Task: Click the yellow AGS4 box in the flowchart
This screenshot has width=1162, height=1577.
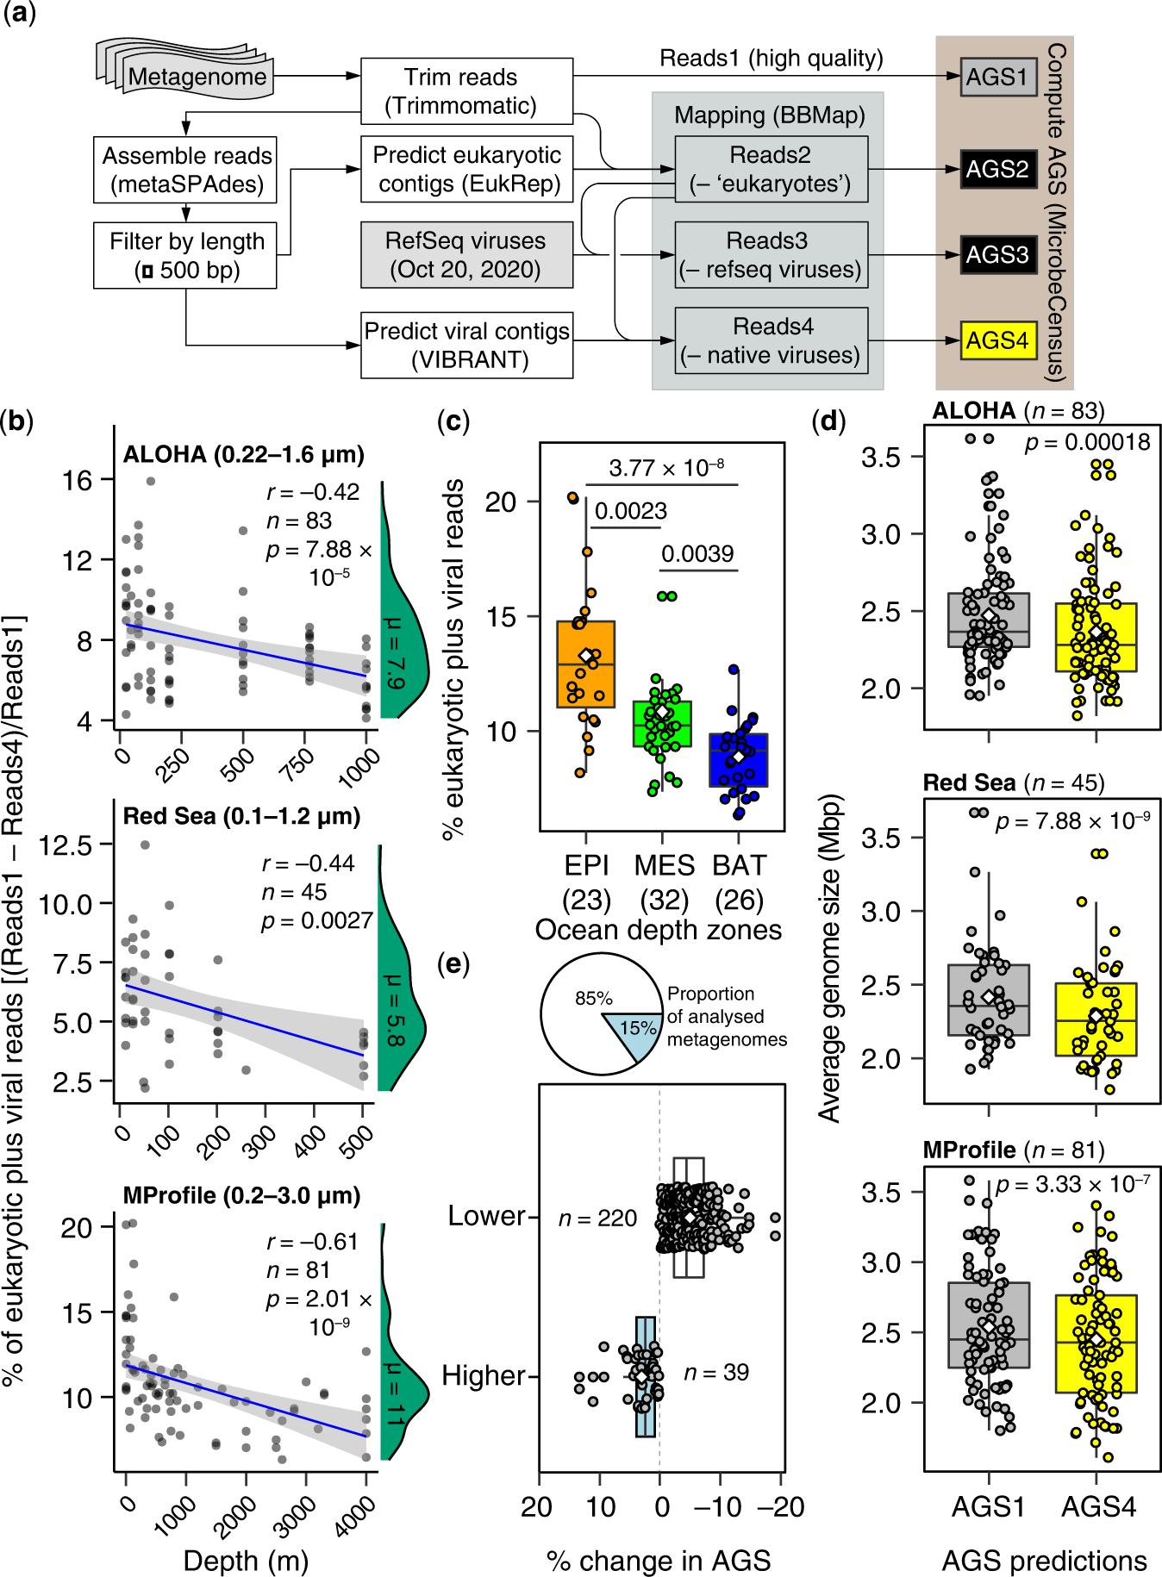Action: tap(997, 340)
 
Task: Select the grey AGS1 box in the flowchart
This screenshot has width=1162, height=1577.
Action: tap(997, 77)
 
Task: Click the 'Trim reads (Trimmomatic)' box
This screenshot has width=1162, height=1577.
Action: tap(466, 90)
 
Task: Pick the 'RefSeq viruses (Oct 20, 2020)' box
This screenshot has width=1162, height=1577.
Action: tap(466, 255)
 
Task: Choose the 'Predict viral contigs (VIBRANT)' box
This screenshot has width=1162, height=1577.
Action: tap(466, 345)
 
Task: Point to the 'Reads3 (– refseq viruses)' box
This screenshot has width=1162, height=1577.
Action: tap(771, 255)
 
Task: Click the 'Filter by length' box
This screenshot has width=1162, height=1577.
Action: tap(185, 255)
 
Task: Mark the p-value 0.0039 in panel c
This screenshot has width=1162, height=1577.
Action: tap(697, 553)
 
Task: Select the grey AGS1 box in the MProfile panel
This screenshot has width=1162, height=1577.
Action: tap(988, 1318)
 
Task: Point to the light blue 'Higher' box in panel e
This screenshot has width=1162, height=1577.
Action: tap(645, 1377)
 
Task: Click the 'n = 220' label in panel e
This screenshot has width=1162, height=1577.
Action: tap(597, 1219)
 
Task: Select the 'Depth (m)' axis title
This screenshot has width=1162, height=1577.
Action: tap(246, 1561)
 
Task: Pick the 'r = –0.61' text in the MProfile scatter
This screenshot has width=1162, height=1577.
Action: tap(311, 1242)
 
